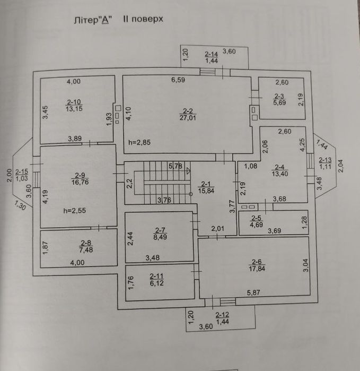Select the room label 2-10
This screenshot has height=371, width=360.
[74, 102]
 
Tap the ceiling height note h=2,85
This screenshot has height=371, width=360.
[139, 142]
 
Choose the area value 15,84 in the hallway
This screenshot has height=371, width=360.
[206, 191]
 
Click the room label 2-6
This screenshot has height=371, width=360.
[257, 261]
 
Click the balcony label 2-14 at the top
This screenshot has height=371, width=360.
[211, 54]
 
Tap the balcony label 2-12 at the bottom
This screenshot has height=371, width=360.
[222, 315]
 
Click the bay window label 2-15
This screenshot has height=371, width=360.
[22, 172]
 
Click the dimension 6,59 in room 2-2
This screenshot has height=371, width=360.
[178, 81]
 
